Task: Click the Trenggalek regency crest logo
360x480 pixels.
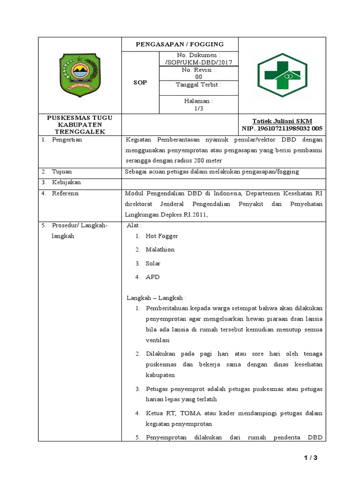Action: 79,75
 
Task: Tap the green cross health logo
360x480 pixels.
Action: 282,75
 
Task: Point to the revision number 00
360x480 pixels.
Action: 198,77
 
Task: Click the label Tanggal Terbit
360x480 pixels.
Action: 198,85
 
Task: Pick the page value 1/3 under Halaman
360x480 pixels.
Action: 198,108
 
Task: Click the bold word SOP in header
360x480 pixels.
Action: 140,82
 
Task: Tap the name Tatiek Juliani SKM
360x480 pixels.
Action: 282,121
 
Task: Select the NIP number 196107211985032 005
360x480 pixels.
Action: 282,128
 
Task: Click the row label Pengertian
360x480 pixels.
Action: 67,140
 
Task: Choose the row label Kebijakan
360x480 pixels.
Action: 66,182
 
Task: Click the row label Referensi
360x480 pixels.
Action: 65,193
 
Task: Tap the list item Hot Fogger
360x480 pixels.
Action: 162,236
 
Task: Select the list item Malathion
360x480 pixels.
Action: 160,250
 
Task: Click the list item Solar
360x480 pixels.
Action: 153,263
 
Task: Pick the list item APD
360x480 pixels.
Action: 152,277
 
